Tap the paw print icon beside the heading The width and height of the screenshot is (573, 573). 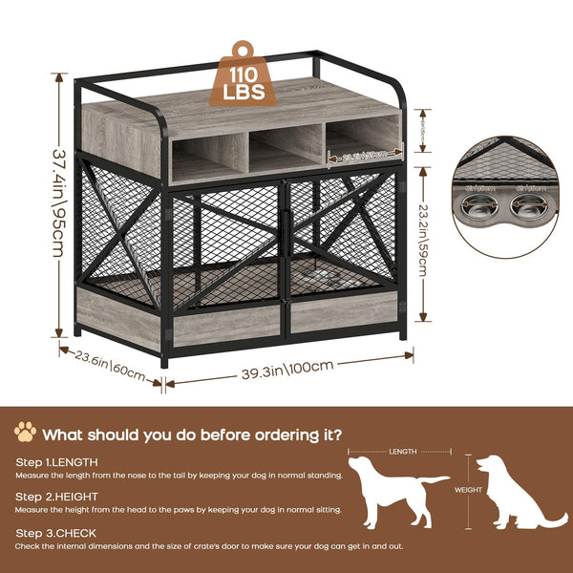25,433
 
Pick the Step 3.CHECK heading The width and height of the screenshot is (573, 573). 54,533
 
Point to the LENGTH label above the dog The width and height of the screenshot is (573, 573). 402,452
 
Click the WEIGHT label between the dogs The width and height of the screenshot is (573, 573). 468,489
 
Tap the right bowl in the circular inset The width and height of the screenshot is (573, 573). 529,208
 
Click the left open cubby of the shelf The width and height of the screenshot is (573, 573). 208,157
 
